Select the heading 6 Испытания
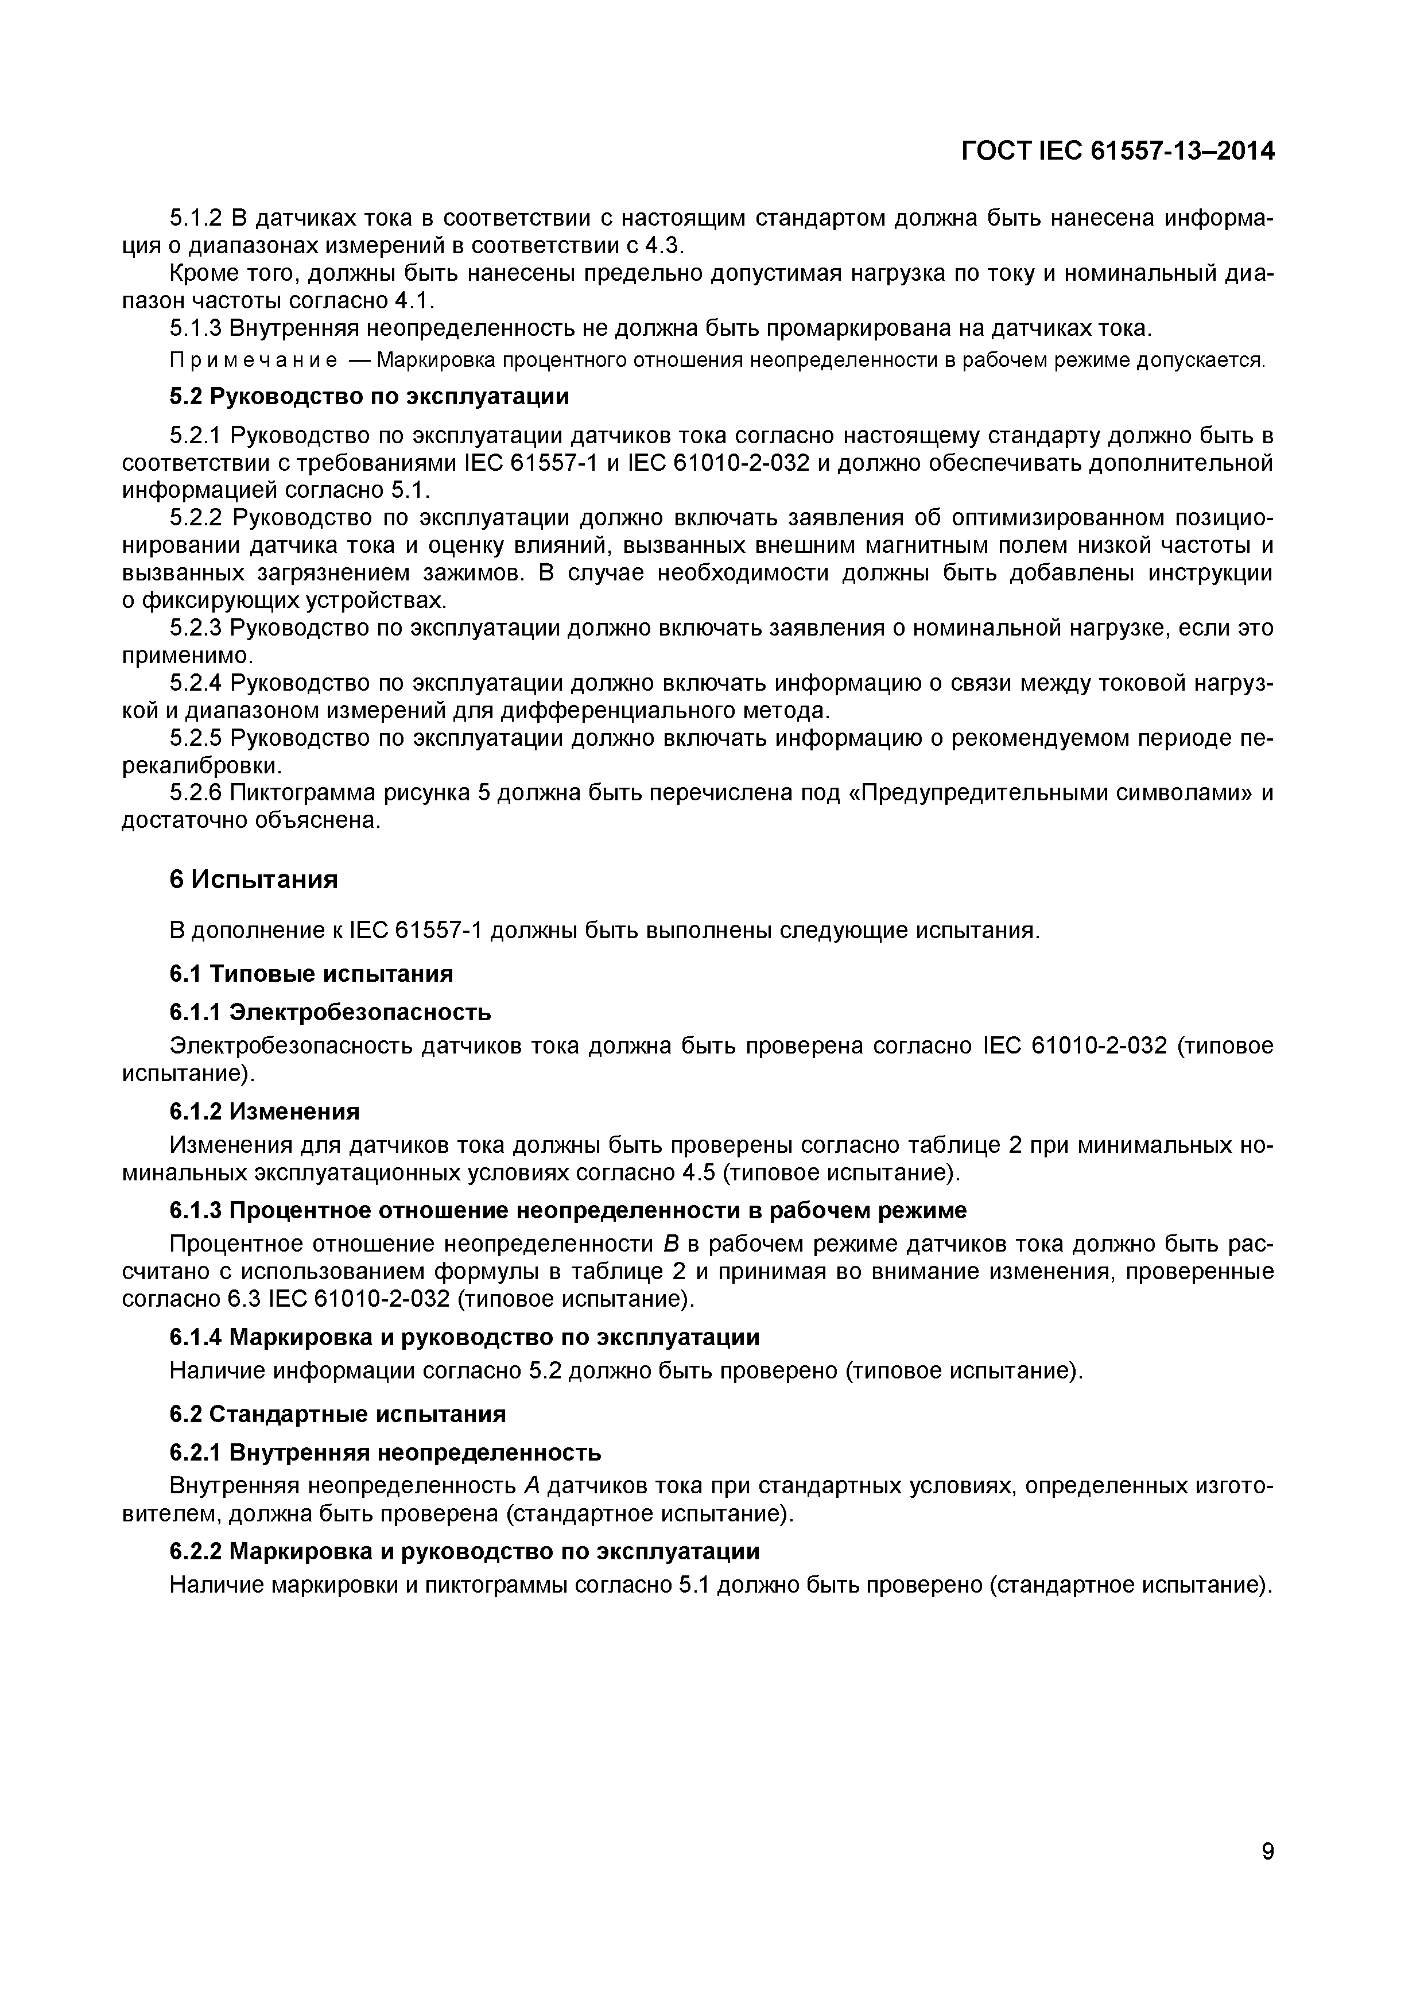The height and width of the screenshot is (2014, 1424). [254, 879]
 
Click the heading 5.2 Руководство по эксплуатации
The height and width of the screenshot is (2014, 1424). [368, 397]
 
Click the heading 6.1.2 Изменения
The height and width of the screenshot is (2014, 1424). [264, 1111]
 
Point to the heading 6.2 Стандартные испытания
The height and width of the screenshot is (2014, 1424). [337, 1414]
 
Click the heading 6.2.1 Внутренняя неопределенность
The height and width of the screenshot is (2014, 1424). [385, 1453]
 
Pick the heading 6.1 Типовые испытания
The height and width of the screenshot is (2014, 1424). [311, 974]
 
